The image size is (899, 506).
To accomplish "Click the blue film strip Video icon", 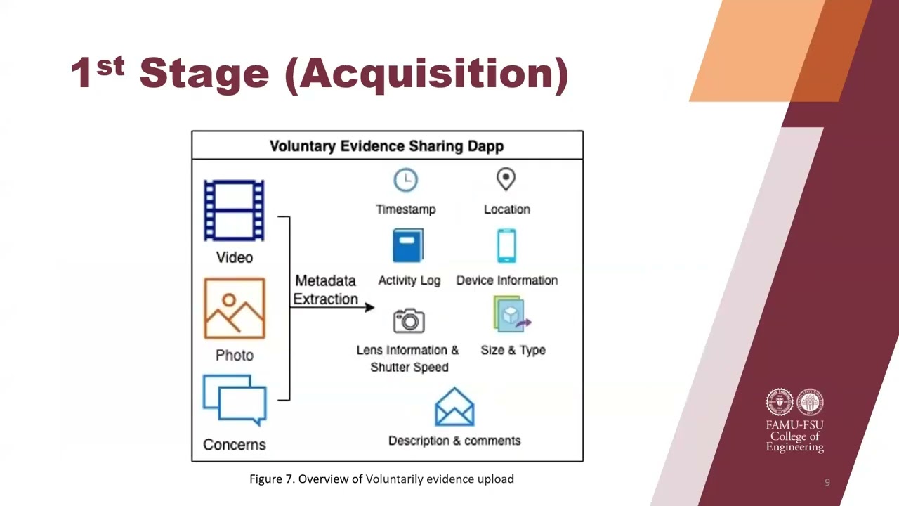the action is coord(234,210).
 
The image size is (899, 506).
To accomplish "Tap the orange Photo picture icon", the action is coord(235,309).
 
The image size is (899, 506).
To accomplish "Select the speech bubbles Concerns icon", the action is coord(235,400).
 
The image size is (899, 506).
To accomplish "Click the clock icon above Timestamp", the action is coord(405,180).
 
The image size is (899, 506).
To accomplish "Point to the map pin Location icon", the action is coord(506,179).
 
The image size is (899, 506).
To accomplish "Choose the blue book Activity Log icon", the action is coord(408,245).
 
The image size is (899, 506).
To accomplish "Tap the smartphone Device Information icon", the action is coord(506,245).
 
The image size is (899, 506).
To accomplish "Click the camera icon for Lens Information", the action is coord(409,320).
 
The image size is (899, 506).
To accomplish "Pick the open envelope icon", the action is coord(454,406).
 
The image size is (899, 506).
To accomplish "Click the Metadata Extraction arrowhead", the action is coord(369,308).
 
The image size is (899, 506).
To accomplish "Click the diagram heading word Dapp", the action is coord(485,146).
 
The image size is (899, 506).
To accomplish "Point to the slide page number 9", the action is coord(827,482).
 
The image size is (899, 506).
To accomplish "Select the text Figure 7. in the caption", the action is coord(272,479).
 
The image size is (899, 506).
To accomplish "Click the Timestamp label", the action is coord(406,209).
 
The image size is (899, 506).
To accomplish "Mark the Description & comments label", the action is coord(454,441).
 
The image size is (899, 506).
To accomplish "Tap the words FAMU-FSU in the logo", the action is coord(794,425).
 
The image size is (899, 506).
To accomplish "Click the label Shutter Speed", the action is coord(409,367).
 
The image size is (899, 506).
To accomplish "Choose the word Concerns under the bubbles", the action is coord(235,445).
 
